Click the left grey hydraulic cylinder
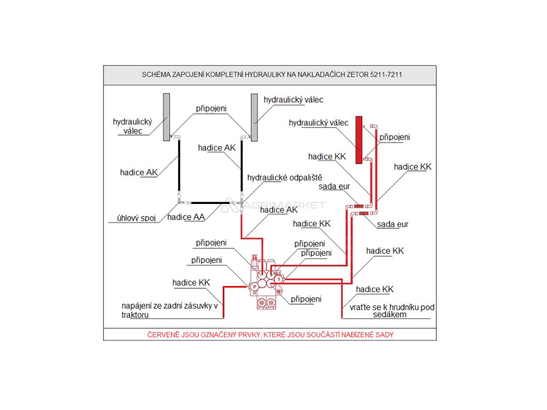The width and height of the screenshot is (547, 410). click(167, 117)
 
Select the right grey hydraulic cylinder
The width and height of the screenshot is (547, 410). click(254, 117)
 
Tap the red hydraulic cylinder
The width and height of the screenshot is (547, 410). click(359, 140)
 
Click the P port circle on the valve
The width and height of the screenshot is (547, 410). click(255, 287)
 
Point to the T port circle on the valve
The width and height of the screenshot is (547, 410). click(279, 279)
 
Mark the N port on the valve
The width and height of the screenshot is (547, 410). click(278, 291)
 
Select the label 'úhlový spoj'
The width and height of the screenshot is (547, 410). click(136, 218)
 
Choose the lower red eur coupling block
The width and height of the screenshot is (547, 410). click(363, 214)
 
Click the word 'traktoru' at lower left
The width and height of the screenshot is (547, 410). click(137, 316)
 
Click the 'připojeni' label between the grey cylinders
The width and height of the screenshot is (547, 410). click(211, 108)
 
